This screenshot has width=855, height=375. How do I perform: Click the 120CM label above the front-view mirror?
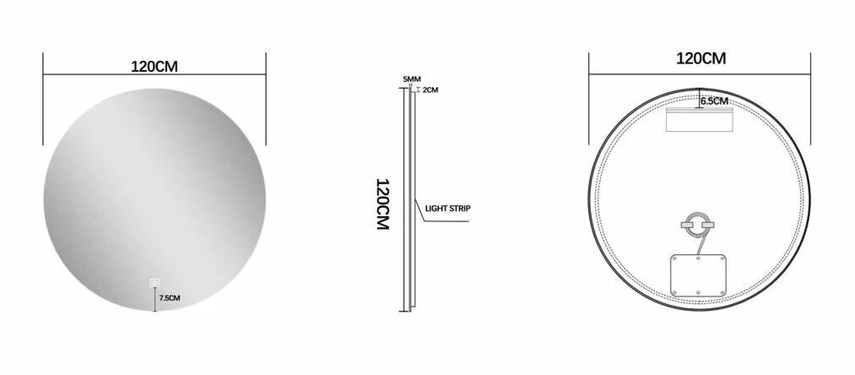(x=155, y=66)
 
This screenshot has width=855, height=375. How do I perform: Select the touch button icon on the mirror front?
(x=154, y=282)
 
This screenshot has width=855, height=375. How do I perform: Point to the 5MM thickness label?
(x=411, y=79)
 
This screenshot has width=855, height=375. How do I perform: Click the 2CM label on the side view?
(x=430, y=90)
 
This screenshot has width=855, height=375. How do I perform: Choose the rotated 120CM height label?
(x=381, y=208)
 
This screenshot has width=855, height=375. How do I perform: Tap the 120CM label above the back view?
(x=701, y=58)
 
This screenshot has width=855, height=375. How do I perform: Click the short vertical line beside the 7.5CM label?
(x=154, y=300)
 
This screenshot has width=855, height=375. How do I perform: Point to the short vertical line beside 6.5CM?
(x=699, y=98)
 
